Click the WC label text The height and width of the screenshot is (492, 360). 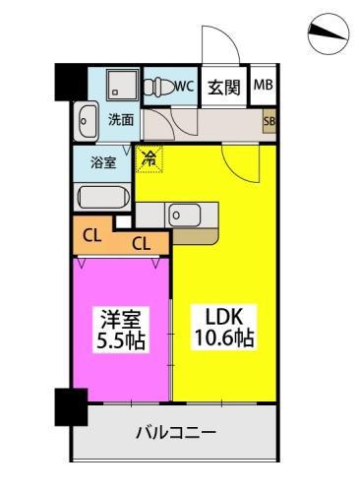coord(184,86)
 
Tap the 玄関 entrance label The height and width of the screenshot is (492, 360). coord(224,87)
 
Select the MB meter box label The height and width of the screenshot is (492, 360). coord(263,86)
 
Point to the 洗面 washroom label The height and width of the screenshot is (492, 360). coord(121,120)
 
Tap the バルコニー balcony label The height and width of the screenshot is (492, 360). coord(175,432)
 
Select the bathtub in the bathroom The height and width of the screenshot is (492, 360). coord(102,195)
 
